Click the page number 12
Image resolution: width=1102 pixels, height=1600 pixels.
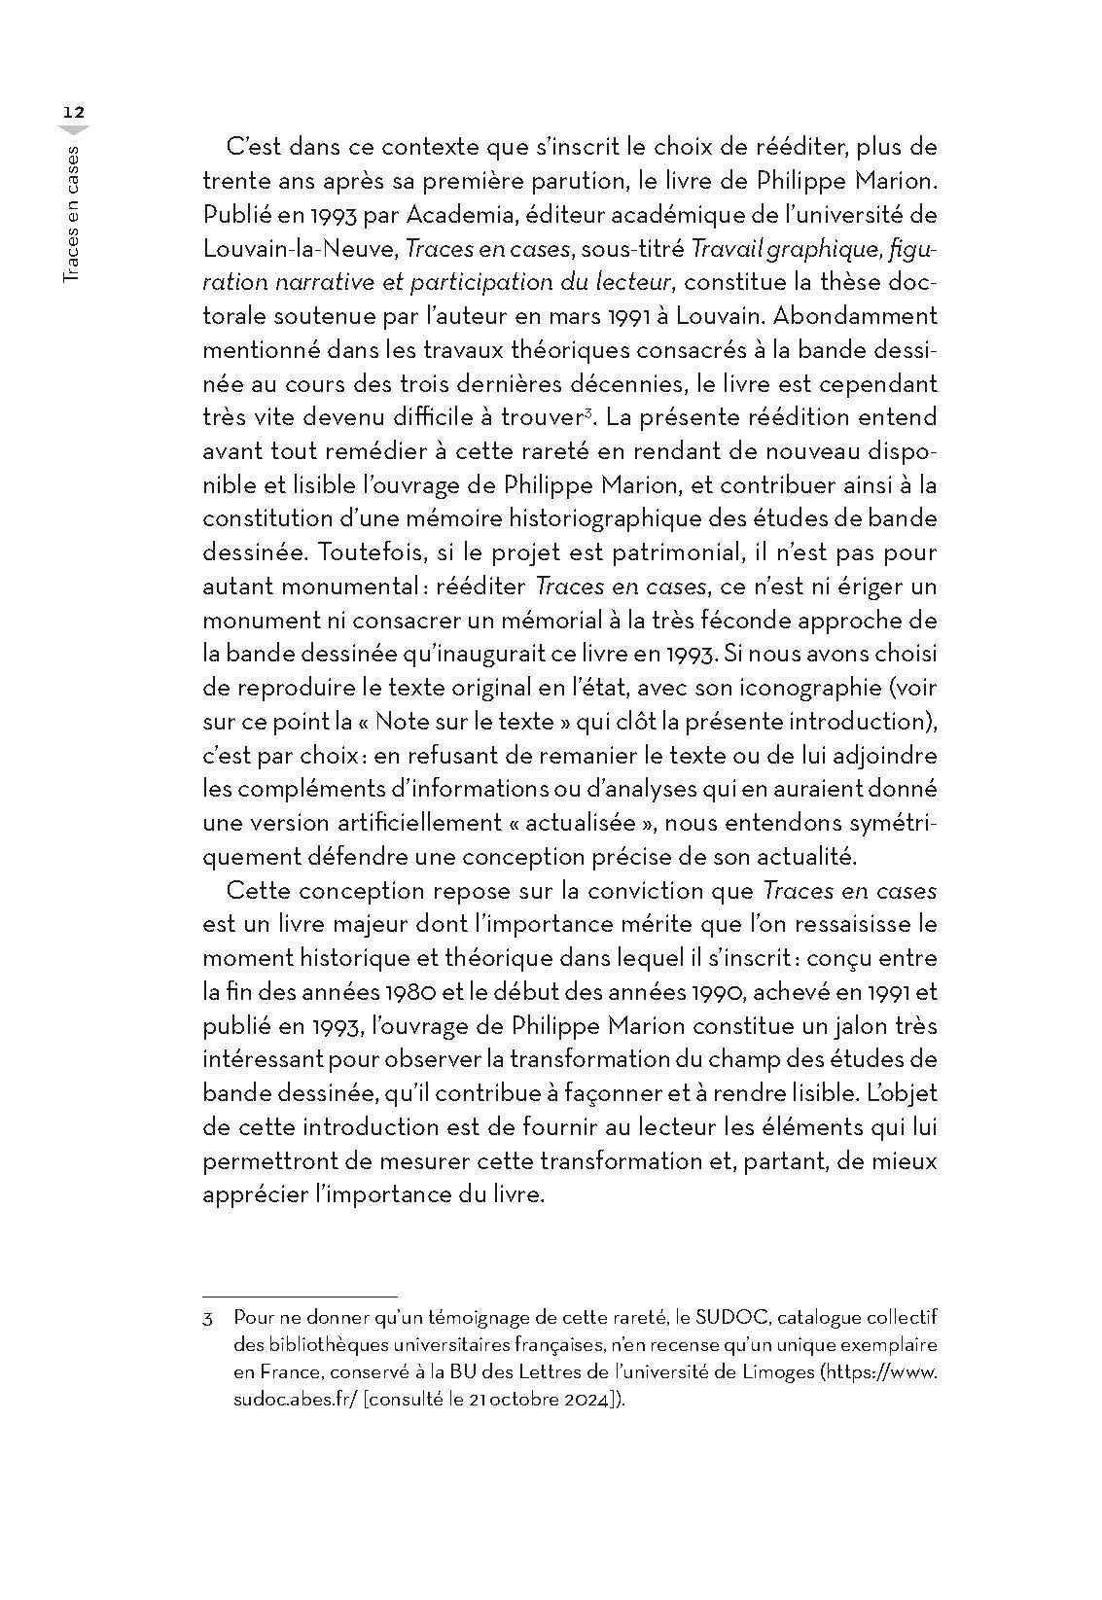tap(74, 112)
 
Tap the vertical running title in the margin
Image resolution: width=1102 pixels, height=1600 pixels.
tap(72, 215)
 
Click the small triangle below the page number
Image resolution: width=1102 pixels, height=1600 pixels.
tap(74, 130)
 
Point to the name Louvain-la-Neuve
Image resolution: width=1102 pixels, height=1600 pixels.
tap(299, 249)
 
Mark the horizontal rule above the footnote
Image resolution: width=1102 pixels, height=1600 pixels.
tap(300, 1297)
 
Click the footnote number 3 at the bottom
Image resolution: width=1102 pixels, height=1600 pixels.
tap(207, 1320)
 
